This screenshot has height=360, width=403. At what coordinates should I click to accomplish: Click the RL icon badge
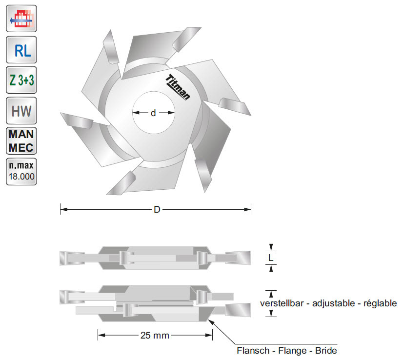click(21, 50)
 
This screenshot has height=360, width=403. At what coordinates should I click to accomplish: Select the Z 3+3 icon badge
click(21, 81)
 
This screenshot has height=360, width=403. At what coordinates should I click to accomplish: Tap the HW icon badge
click(21, 111)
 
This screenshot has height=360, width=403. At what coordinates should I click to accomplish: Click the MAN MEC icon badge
click(21, 141)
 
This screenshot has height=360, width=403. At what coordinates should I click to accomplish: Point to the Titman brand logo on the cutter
click(178, 88)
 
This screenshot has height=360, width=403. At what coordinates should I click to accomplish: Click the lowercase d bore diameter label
click(153, 113)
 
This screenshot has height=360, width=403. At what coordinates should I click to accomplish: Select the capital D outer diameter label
click(157, 210)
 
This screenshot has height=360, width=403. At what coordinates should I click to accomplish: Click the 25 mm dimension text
click(155, 335)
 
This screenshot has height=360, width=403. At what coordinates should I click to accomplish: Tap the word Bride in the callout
click(326, 351)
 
